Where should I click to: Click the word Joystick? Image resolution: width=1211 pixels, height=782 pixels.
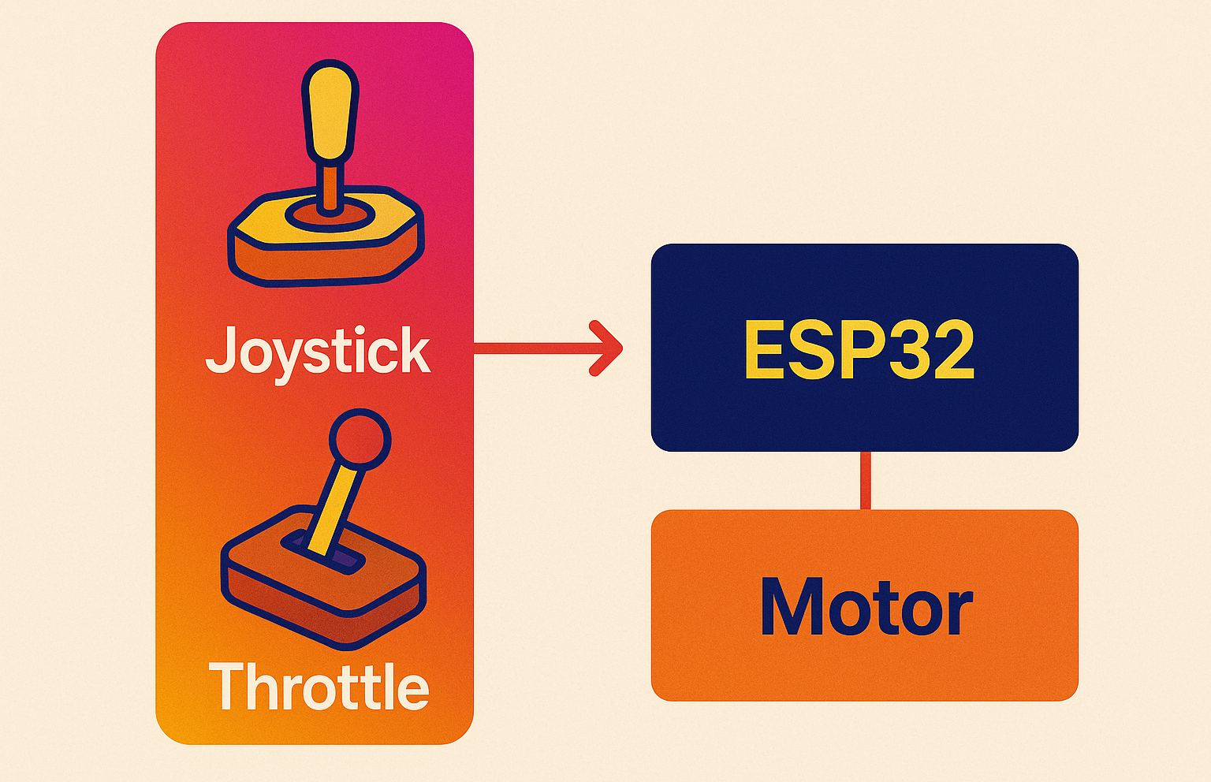click(318, 352)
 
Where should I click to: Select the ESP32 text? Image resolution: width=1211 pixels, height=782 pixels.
click(859, 350)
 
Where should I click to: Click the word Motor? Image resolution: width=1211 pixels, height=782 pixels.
click(866, 607)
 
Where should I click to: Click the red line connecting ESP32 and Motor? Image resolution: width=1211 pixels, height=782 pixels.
click(865, 480)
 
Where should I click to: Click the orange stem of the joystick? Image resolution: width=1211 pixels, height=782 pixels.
click(331, 189)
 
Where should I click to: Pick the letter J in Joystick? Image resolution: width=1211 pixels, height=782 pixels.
click(222, 350)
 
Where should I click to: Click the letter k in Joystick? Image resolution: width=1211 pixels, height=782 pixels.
click(413, 350)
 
